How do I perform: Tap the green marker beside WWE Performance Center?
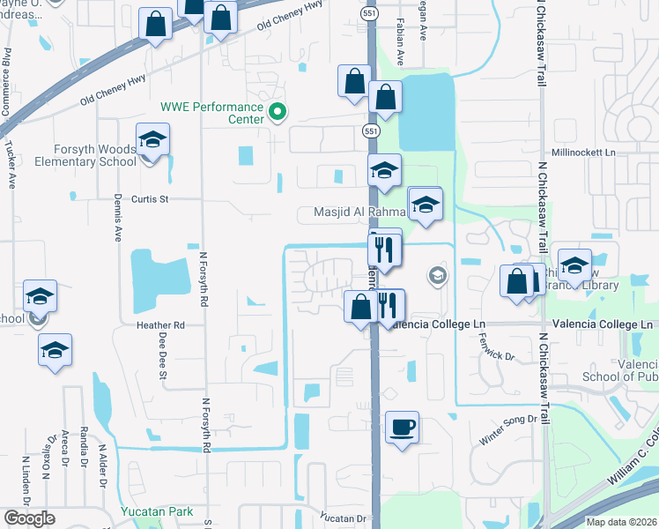click(x=278, y=112)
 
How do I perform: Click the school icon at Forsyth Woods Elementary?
click(x=152, y=141)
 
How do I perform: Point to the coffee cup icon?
click(x=402, y=428)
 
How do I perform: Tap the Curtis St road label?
click(x=150, y=199)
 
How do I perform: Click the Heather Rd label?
click(x=159, y=325)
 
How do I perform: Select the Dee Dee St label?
click(x=163, y=356)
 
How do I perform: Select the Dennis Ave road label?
click(x=118, y=219)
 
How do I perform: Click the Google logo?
click(x=29, y=518)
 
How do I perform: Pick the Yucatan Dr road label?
click(x=343, y=518)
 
